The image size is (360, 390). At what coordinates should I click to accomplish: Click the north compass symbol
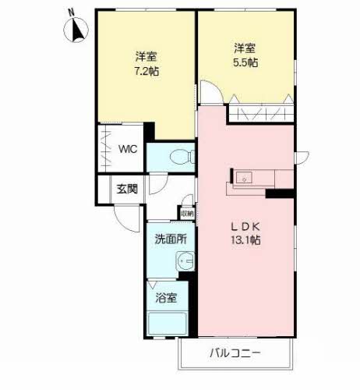(x=76, y=30)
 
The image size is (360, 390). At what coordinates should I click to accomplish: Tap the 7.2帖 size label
(x=146, y=71)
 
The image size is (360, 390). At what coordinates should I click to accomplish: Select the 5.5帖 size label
(x=245, y=62)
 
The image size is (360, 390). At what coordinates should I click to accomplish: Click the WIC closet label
(x=128, y=149)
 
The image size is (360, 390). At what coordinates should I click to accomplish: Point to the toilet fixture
(x=182, y=157)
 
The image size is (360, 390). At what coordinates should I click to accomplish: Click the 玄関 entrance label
(x=127, y=189)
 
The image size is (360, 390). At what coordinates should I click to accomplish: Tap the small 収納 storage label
(x=187, y=214)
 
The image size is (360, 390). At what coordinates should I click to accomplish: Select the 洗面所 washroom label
(x=171, y=239)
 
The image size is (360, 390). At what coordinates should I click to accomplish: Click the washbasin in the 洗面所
(x=185, y=261)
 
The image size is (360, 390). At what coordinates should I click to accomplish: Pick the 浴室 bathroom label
(x=166, y=298)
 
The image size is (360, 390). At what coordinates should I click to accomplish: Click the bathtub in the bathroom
(x=168, y=324)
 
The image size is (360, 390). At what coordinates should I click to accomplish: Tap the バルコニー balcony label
(x=235, y=353)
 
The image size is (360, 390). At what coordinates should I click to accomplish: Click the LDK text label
(x=245, y=227)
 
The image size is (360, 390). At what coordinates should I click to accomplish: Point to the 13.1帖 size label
(x=245, y=240)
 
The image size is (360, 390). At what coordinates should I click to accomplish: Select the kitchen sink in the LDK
(x=244, y=178)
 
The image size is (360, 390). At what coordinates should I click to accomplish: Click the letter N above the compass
(x=71, y=12)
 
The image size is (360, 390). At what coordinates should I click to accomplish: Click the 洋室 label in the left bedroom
(x=146, y=57)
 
